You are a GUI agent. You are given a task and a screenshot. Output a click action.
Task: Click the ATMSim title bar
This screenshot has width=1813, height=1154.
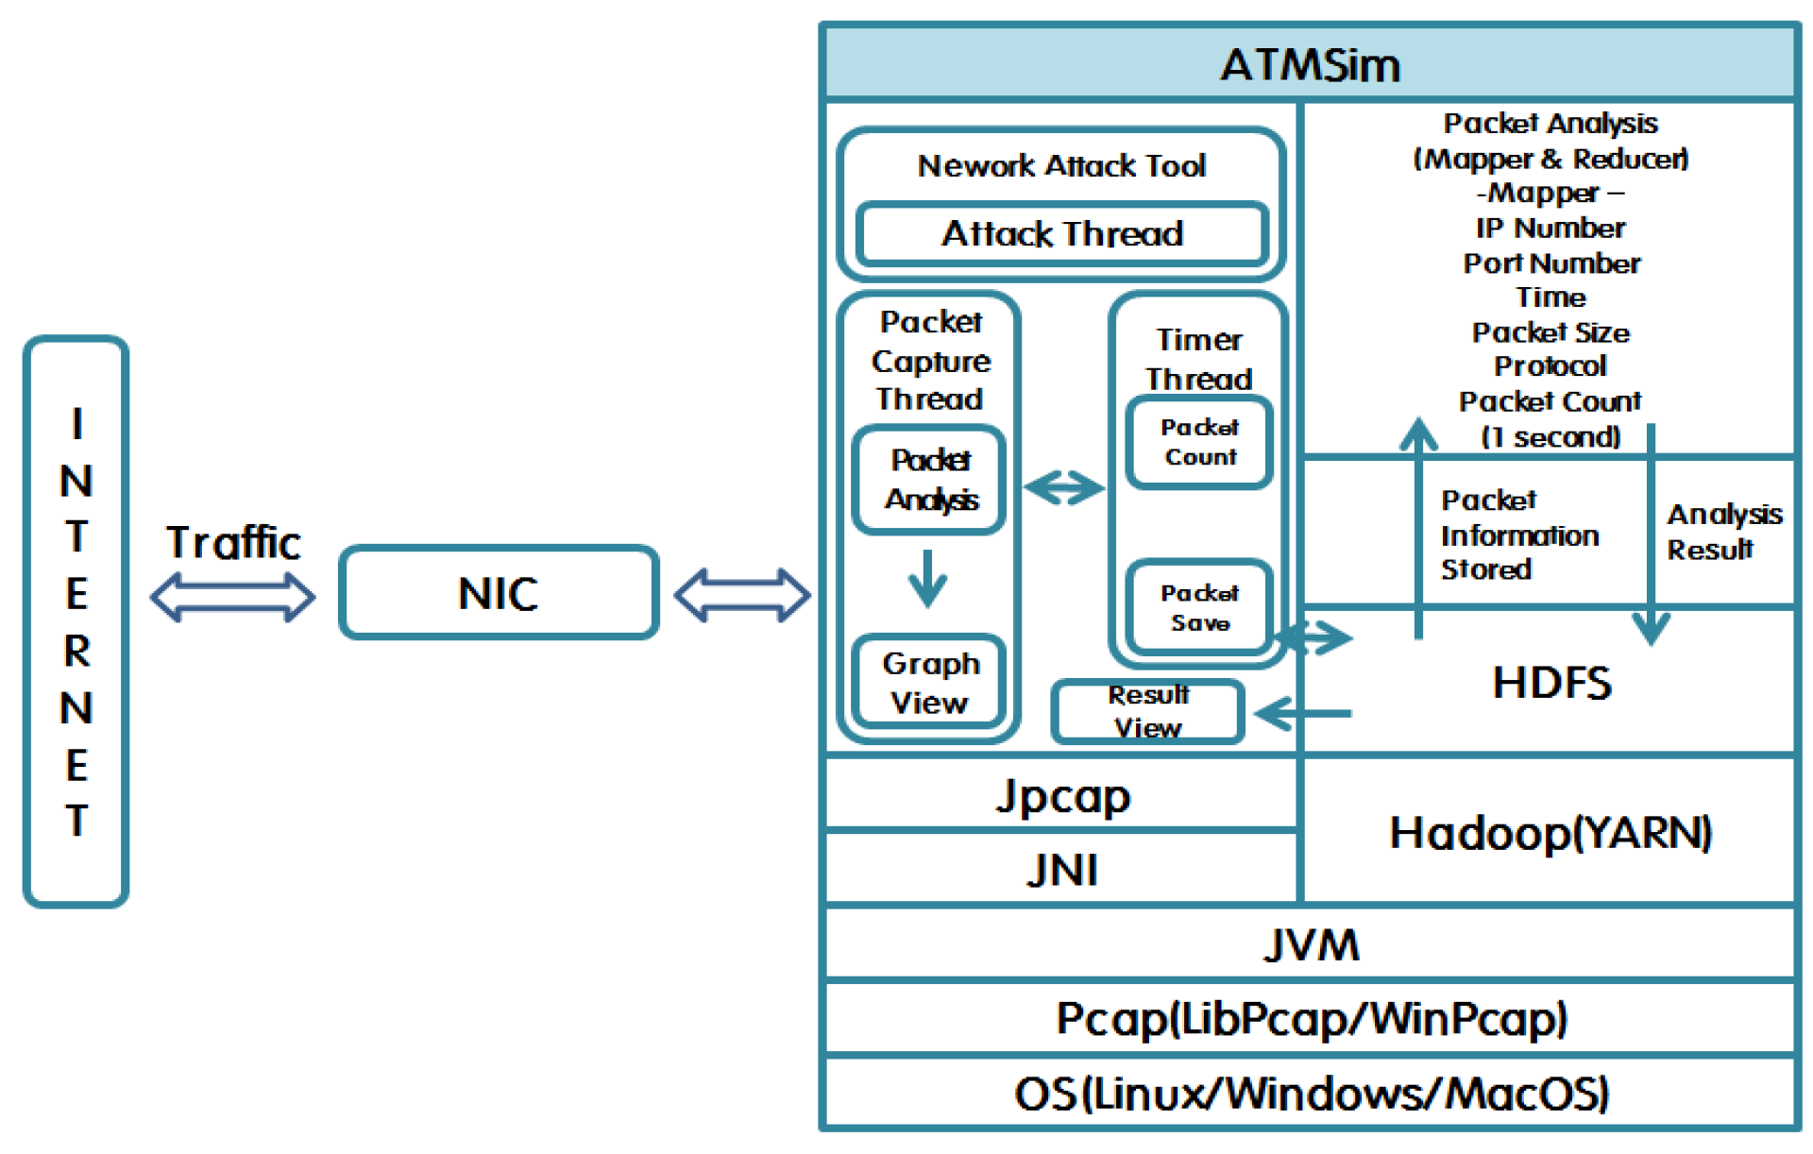tap(1309, 64)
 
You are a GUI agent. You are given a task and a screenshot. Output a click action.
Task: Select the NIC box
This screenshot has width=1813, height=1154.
tap(499, 593)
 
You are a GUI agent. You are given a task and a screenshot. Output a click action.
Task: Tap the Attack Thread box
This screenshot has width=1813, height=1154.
tap(1061, 233)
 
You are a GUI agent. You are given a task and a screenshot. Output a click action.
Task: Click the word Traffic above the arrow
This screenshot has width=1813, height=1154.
tap(233, 542)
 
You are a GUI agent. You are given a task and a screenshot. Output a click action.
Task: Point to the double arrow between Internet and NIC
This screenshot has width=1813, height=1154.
tap(232, 597)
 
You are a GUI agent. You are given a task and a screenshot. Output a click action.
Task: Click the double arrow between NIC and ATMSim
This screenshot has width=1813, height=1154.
tap(742, 595)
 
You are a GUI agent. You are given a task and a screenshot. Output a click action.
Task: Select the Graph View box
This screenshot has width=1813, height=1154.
tap(929, 683)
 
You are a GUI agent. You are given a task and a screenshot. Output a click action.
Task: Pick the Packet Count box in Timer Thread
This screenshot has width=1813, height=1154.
tap(1199, 442)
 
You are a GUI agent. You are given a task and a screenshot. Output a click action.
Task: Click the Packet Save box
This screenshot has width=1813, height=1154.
tap(1199, 608)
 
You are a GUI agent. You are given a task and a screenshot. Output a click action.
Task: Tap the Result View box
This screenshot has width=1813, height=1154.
tap(1147, 712)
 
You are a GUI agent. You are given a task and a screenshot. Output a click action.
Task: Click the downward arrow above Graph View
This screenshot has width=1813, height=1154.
tap(927, 578)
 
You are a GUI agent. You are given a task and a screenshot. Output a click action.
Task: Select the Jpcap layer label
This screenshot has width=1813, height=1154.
tap(1062, 796)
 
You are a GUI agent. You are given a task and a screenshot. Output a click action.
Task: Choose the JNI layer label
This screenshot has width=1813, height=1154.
tap(1062, 870)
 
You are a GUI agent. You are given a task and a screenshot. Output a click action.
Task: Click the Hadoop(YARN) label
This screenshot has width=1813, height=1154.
tap(1550, 833)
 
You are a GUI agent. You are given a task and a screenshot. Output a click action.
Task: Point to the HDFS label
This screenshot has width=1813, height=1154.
tap(1551, 683)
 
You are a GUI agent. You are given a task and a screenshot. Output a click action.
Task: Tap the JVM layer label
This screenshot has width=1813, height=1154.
tap(1311, 944)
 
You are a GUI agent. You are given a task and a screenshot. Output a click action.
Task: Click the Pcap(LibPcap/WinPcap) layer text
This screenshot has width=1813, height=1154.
tap(1311, 1019)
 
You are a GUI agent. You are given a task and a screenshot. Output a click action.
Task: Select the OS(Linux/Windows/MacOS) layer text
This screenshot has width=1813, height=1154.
tap(1311, 1094)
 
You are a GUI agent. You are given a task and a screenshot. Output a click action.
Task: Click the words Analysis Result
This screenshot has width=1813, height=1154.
tap(1722, 532)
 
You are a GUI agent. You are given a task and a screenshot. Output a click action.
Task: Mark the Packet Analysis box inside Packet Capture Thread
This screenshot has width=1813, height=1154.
tap(929, 480)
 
